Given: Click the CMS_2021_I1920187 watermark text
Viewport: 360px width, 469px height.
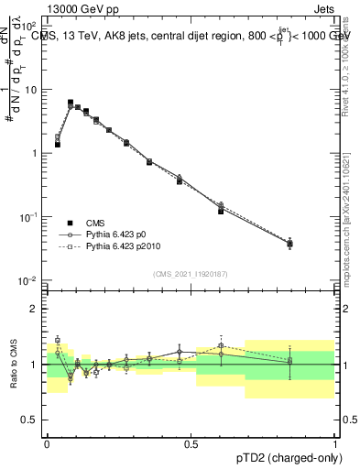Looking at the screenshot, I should point(190,273).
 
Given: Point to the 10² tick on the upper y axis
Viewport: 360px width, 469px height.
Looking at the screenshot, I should point(29,27).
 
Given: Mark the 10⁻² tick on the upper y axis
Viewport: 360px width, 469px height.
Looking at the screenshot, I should point(29,279).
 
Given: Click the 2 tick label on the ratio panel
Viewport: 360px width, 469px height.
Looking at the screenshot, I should point(34,309).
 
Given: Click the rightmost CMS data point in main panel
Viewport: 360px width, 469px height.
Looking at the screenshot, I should point(289,244).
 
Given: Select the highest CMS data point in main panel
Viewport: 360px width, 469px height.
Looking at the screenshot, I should point(71,103).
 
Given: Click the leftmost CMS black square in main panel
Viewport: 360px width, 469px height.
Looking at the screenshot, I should point(58,145).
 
